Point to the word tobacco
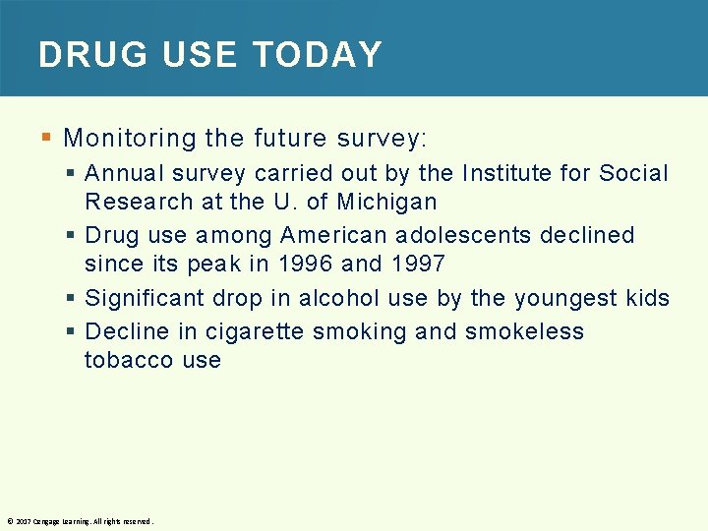click(x=115, y=360)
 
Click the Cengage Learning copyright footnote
click(x=80, y=521)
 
